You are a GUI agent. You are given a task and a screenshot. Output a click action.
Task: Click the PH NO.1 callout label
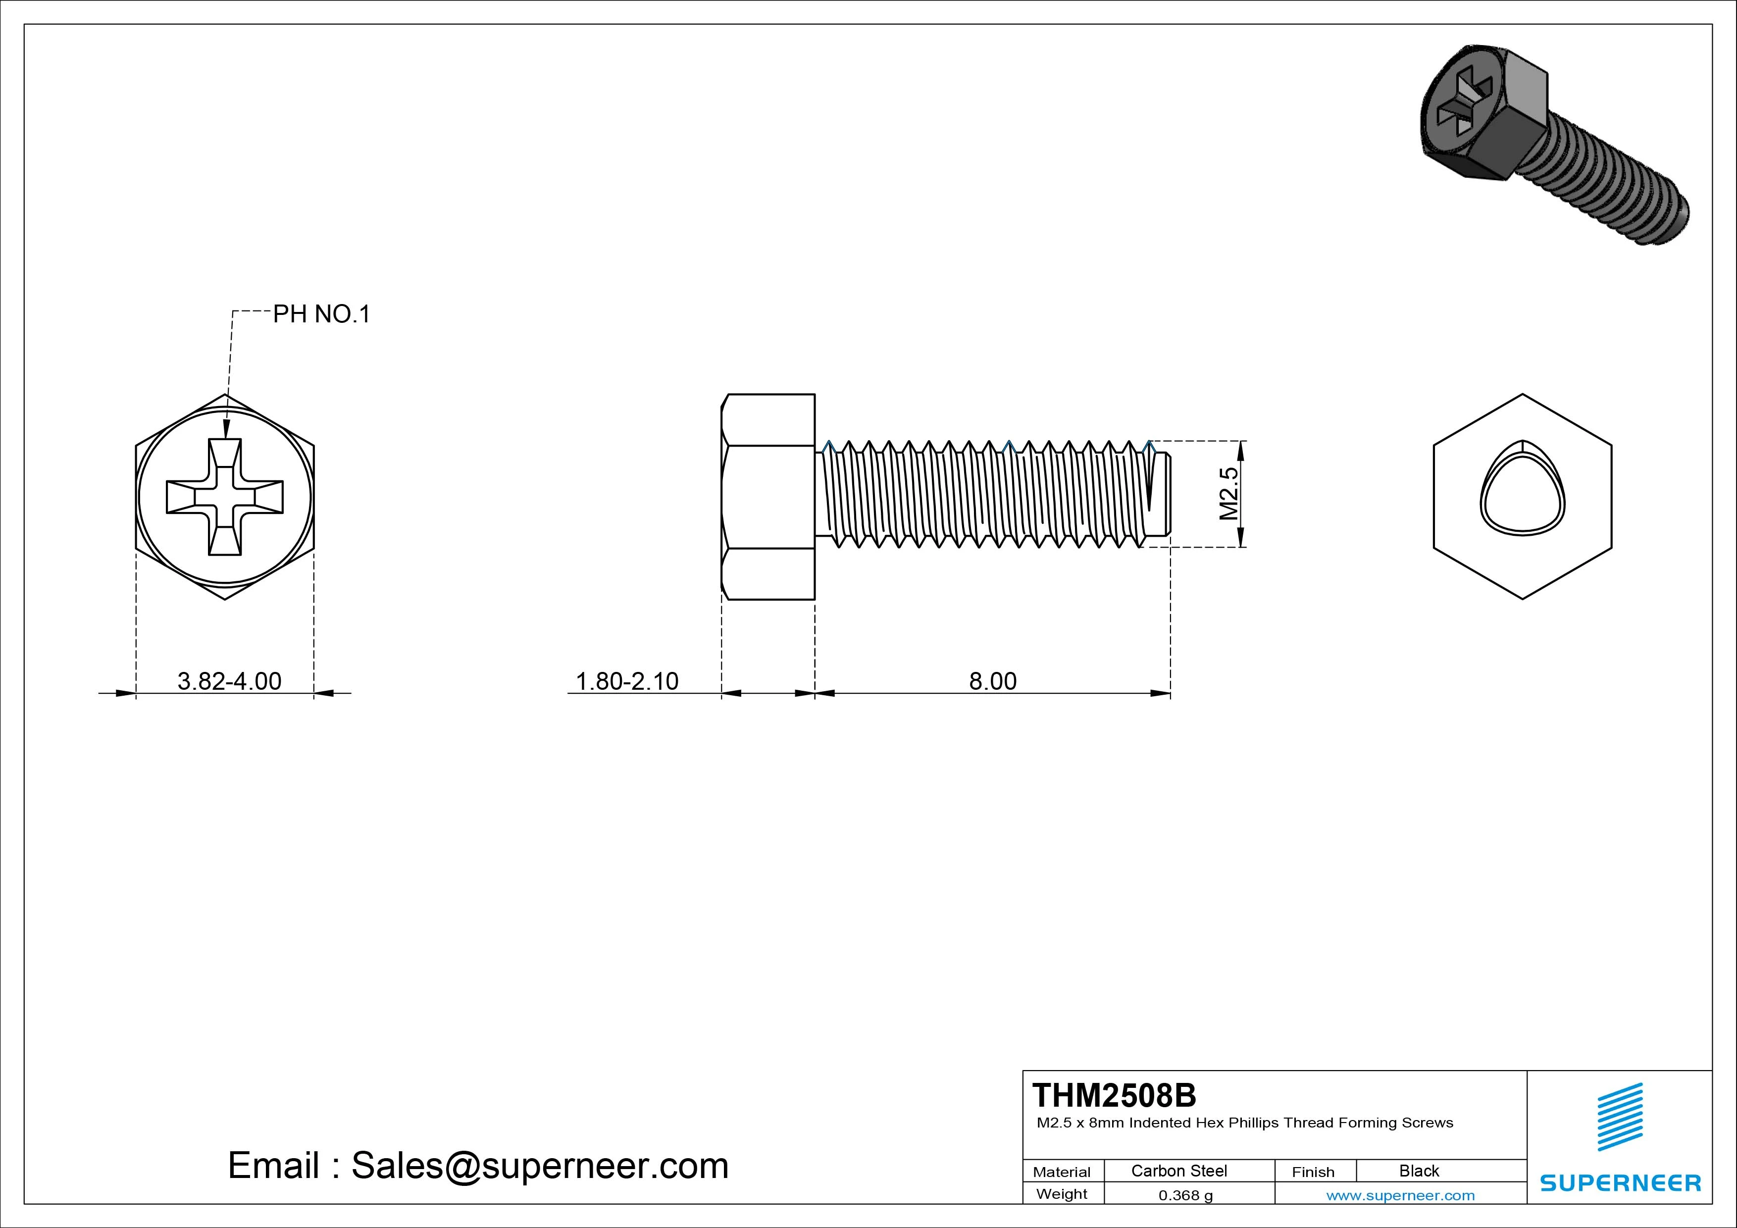pos(321,314)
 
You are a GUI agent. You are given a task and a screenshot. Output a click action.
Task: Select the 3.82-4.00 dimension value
pos(229,681)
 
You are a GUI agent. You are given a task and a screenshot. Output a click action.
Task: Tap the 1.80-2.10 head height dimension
pos(627,681)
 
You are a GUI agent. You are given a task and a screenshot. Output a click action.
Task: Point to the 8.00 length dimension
pos(993,681)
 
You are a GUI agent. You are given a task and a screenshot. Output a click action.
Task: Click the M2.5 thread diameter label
pos(1228,493)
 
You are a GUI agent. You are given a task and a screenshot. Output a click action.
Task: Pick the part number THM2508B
pos(1114,1095)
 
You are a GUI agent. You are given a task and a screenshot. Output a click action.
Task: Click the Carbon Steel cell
pos(1178,1171)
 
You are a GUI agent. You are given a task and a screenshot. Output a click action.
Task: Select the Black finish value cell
pos(1419,1171)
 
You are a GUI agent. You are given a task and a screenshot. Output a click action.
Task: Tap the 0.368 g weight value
pos(1185,1195)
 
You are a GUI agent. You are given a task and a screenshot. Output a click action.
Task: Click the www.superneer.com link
pos(1400,1195)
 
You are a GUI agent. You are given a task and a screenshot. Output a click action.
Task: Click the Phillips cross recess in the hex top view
pos(225,497)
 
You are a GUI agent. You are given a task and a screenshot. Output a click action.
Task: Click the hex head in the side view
pos(768,497)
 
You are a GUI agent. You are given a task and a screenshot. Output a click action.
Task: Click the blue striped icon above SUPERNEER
pos(1620,1116)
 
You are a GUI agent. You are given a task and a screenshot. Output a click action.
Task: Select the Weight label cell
pos(1062,1194)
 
